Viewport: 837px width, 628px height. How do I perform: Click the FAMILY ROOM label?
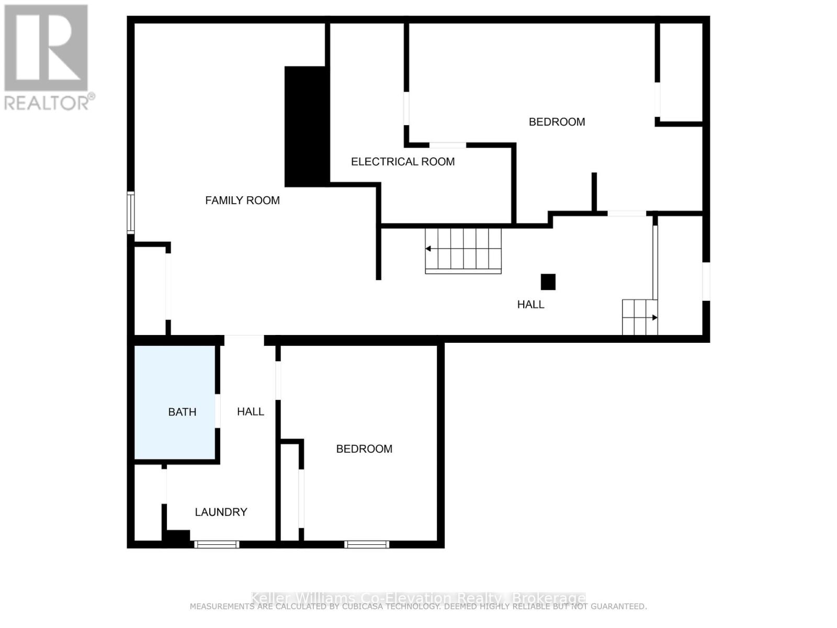coord(242,200)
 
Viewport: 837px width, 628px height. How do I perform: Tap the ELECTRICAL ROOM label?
coord(403,162)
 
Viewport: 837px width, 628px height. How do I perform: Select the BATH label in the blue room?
coord(182,412)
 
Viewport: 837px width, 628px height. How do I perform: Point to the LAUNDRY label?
coord(221,512)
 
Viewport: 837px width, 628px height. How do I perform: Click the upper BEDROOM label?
coord(557,122)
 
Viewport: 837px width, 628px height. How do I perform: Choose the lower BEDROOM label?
coord(364,449)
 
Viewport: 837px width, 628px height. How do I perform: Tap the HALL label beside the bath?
coord(251,412)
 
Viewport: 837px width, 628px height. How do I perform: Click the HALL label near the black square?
coord(530,305)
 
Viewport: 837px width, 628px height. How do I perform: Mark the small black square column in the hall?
coord(548,282)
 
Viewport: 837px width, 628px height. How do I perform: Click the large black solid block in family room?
coord(306,127)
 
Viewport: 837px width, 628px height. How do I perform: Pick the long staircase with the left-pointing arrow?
coord(463,250)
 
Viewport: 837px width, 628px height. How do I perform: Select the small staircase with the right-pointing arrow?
coord(639,317)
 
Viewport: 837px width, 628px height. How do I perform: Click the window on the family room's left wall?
coord(131,212)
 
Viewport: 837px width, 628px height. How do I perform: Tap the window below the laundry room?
coord(217,545)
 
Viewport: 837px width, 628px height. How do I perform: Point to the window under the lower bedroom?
coord(367,545)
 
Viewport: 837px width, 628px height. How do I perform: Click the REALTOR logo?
coord(47,58)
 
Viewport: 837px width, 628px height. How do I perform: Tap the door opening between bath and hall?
coord(218,411)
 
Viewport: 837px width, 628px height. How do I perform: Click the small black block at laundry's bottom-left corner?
coord(176,536)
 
